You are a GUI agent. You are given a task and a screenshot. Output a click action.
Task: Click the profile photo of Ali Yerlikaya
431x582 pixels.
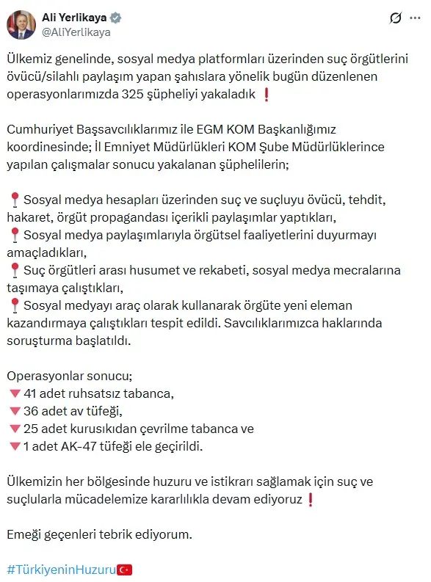(21, 24)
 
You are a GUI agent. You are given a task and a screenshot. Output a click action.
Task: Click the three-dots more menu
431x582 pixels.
(416, 18)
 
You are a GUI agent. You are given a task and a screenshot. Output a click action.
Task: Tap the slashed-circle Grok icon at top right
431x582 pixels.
(395, 18)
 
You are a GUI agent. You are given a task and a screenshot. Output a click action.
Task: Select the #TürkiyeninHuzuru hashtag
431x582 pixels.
(62, 569)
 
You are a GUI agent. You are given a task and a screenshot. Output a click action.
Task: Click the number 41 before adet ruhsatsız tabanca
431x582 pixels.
(31, 393)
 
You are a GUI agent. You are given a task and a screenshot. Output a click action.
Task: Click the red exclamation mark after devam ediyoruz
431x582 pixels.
(311, 499)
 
